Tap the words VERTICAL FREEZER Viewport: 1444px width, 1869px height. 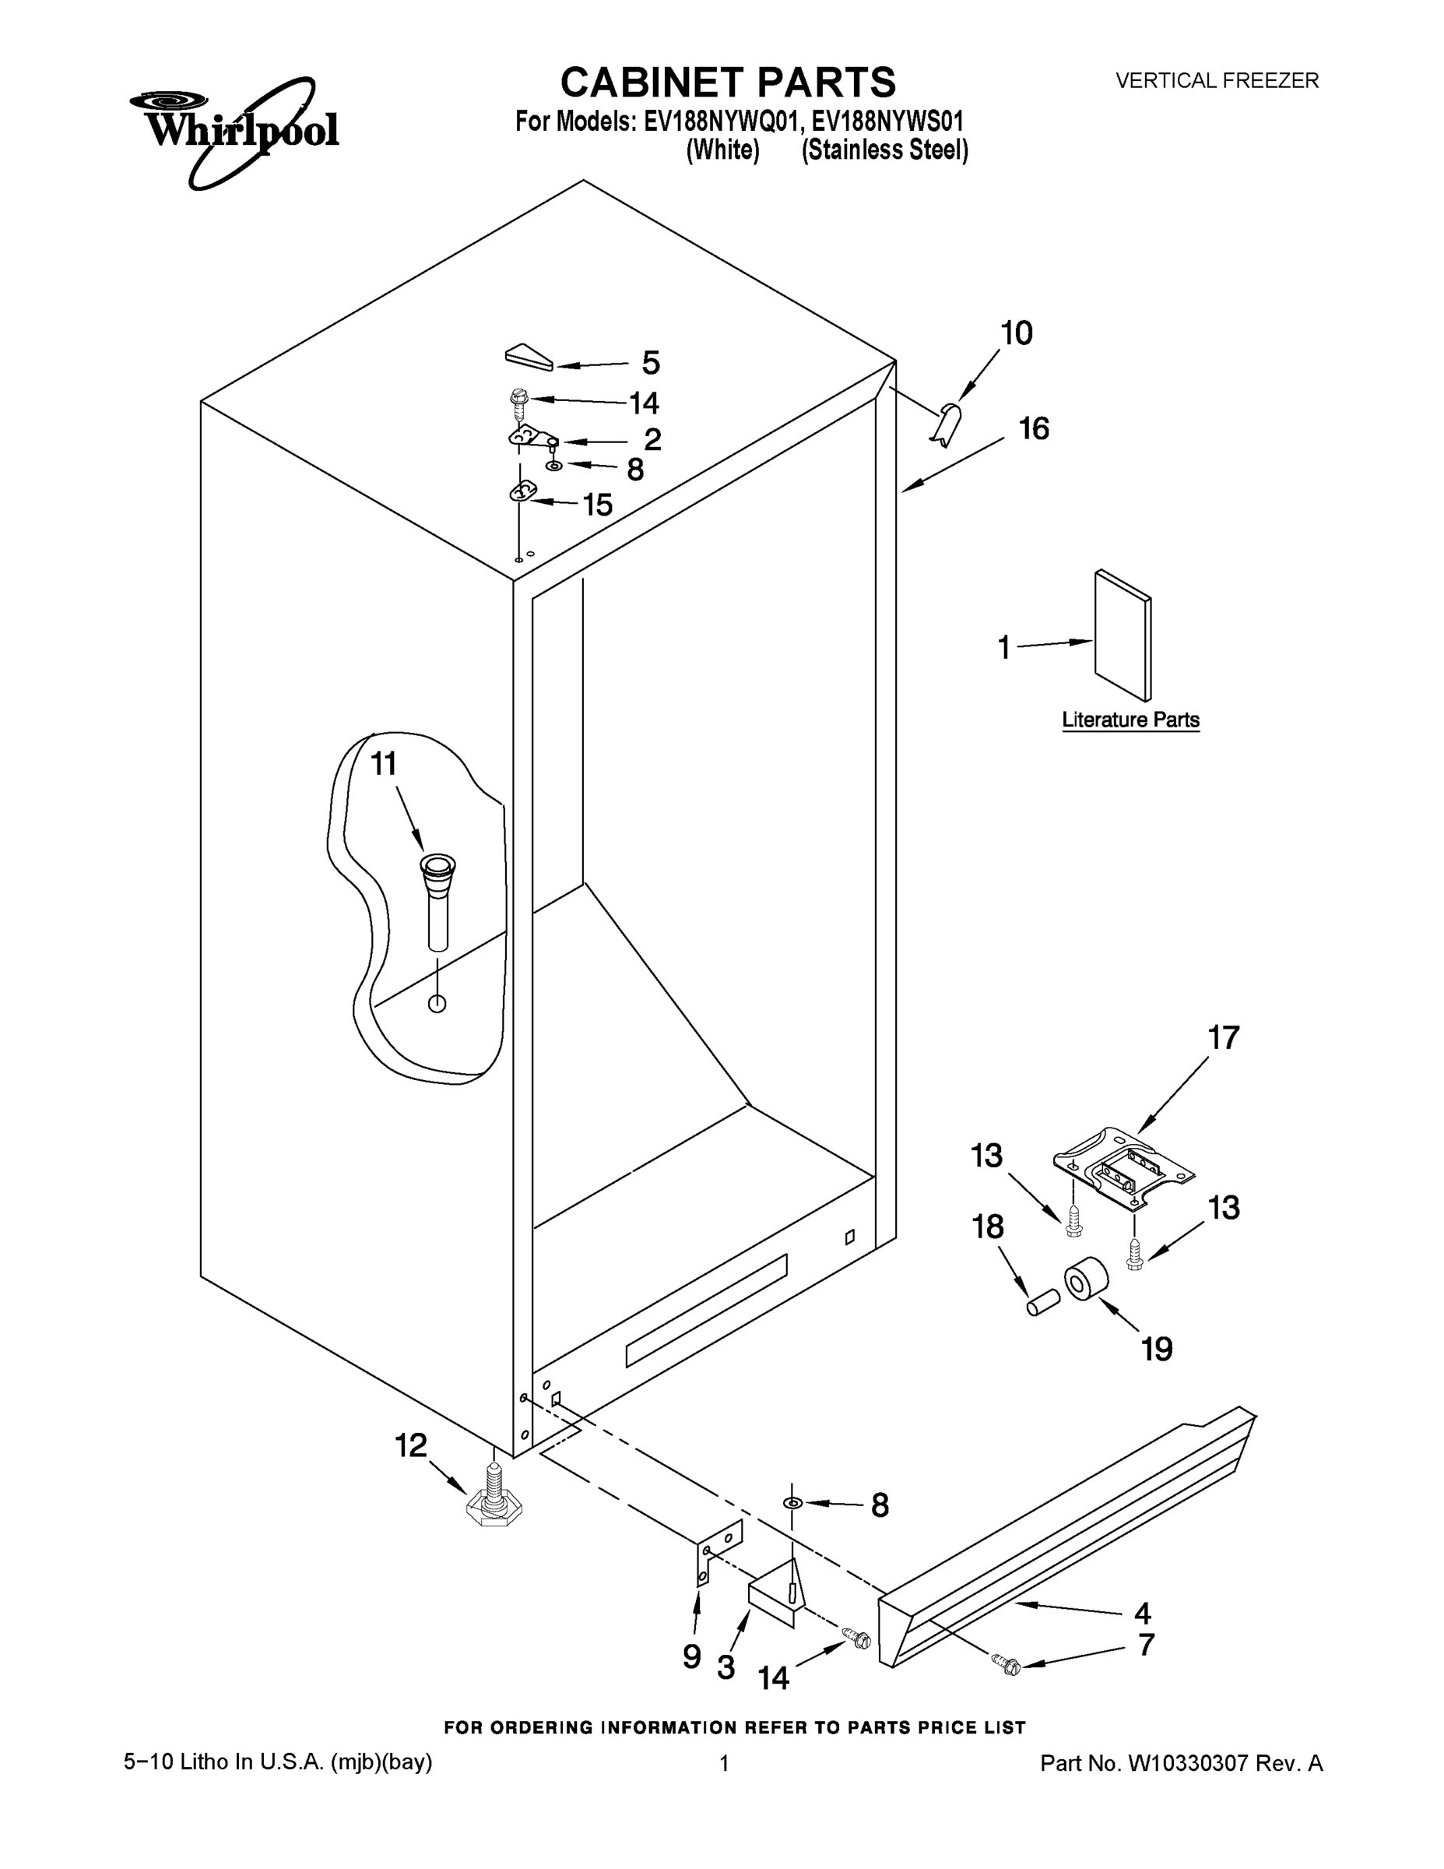point(1217,80)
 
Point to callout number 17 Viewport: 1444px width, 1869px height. point(1223,1037)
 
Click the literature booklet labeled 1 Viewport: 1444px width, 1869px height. point(1123,635)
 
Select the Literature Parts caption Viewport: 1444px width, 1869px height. point(1130,720)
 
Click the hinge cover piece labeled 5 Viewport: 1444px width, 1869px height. point(529,357)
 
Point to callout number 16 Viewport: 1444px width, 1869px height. point(1035,428)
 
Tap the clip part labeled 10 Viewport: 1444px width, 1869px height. point(945,424)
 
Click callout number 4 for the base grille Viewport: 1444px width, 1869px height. point(1142,1613)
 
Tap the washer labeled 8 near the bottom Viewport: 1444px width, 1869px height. point(793,1503)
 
